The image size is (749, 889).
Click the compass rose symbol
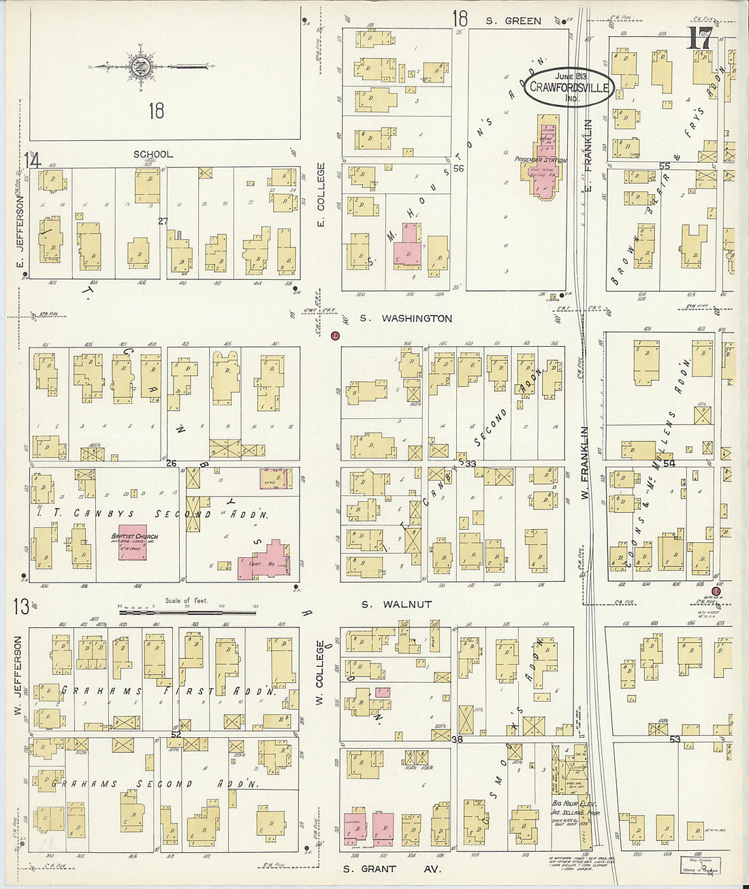tap(141, 67)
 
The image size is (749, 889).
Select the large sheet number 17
tap(700, 39)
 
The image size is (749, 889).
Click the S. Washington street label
tap(406, 318)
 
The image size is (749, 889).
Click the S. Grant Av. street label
tap(392, 869)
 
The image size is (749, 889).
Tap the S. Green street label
tap(513, 21)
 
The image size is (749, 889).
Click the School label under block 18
tap(153, 155)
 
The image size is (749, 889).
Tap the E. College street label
tap(321, 195)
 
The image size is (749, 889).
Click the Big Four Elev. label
tap(569, 803)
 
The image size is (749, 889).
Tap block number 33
tap(470, 464)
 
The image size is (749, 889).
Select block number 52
tap(176, 734)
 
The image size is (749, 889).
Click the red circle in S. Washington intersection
tap(334, 335)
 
